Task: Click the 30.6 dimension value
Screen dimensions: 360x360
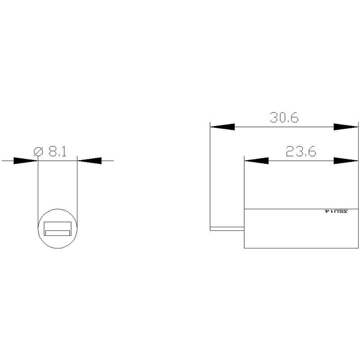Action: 284,117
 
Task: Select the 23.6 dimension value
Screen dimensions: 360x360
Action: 301,151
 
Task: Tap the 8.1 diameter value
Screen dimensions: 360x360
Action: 58,152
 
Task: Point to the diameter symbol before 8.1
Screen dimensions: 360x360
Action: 38,152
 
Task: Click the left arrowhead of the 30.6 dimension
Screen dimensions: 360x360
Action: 222,127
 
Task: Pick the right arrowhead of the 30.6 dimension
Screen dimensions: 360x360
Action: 346,127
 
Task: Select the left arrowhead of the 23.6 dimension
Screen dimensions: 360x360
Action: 256,161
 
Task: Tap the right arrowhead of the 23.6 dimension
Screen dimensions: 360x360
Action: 346,161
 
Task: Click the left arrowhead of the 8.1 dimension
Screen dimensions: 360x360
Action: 26,161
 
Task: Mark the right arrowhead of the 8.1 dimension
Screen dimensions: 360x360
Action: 90,161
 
